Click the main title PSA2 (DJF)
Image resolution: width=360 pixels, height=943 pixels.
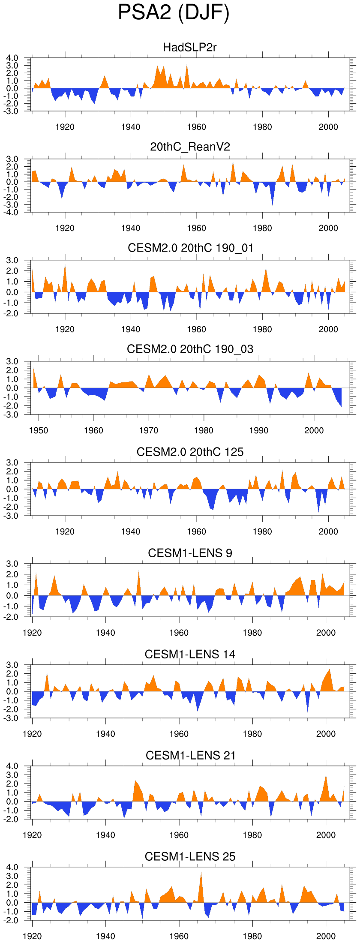coord(174,13)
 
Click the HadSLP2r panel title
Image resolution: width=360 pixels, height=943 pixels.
coord(190,47)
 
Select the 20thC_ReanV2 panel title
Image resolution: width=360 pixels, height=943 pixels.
coord(190,147)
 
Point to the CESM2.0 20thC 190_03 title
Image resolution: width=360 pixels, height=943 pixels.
coord(190,349)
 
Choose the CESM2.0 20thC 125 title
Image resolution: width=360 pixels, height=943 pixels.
coord(190,452)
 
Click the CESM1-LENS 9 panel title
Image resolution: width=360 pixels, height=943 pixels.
coord(190,553)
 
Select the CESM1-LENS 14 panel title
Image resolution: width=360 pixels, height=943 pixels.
coord(190,654)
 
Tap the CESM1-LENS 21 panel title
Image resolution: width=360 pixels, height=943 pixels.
coord(190,755)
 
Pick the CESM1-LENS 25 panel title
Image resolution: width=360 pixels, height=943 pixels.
coord(190,856)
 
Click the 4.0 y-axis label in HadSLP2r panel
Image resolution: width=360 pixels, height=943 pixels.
coord(12,58)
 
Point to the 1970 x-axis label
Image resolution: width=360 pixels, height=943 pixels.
coord(149,430)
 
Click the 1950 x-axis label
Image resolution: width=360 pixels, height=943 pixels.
coord(39,430)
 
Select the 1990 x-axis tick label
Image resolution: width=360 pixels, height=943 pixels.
coord(259,430)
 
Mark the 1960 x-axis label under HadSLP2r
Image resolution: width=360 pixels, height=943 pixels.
coord(197,127)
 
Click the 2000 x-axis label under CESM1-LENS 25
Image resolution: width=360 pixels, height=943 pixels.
coord(326,936)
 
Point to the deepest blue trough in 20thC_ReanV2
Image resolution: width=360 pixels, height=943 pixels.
coord(273,204)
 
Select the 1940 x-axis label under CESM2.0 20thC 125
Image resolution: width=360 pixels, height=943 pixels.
coord(131,532)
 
